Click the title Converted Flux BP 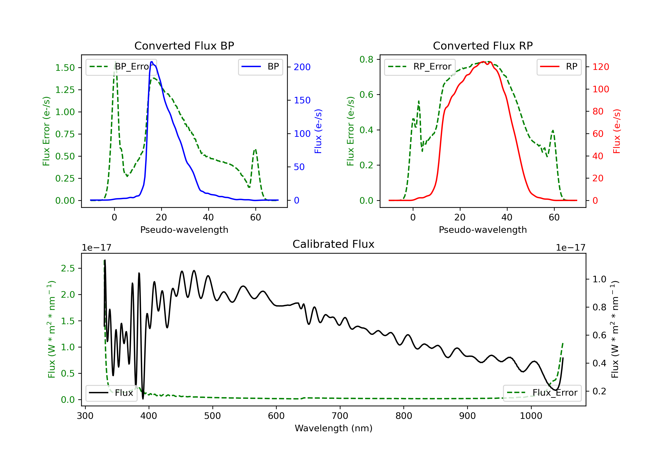click(184, 46)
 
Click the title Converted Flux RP click(483, 46)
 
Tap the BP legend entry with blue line click(261, 67)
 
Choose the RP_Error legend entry click(420, 67)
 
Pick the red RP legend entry click(559, 67)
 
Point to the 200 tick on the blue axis click(302, 67)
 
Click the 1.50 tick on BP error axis click(65, 68)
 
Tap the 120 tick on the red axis click(600, 67)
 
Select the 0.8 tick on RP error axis click(366, 59)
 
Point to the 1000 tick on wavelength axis click(531, 416)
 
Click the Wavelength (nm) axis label click(334, 428)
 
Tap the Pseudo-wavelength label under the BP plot click(184, 230)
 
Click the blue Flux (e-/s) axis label click(318, 131)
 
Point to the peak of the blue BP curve click(152, 62)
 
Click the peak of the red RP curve click(483, 62)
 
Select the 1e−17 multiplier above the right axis click(570, 248)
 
